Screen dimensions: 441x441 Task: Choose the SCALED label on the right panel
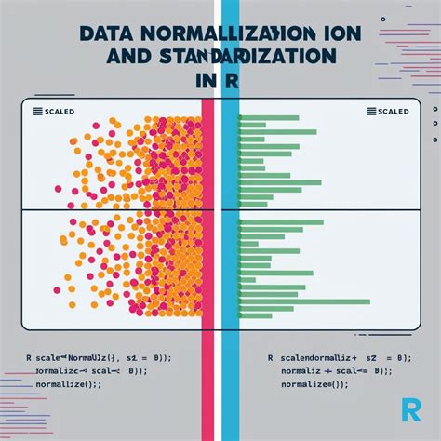[x=394, y=112]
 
